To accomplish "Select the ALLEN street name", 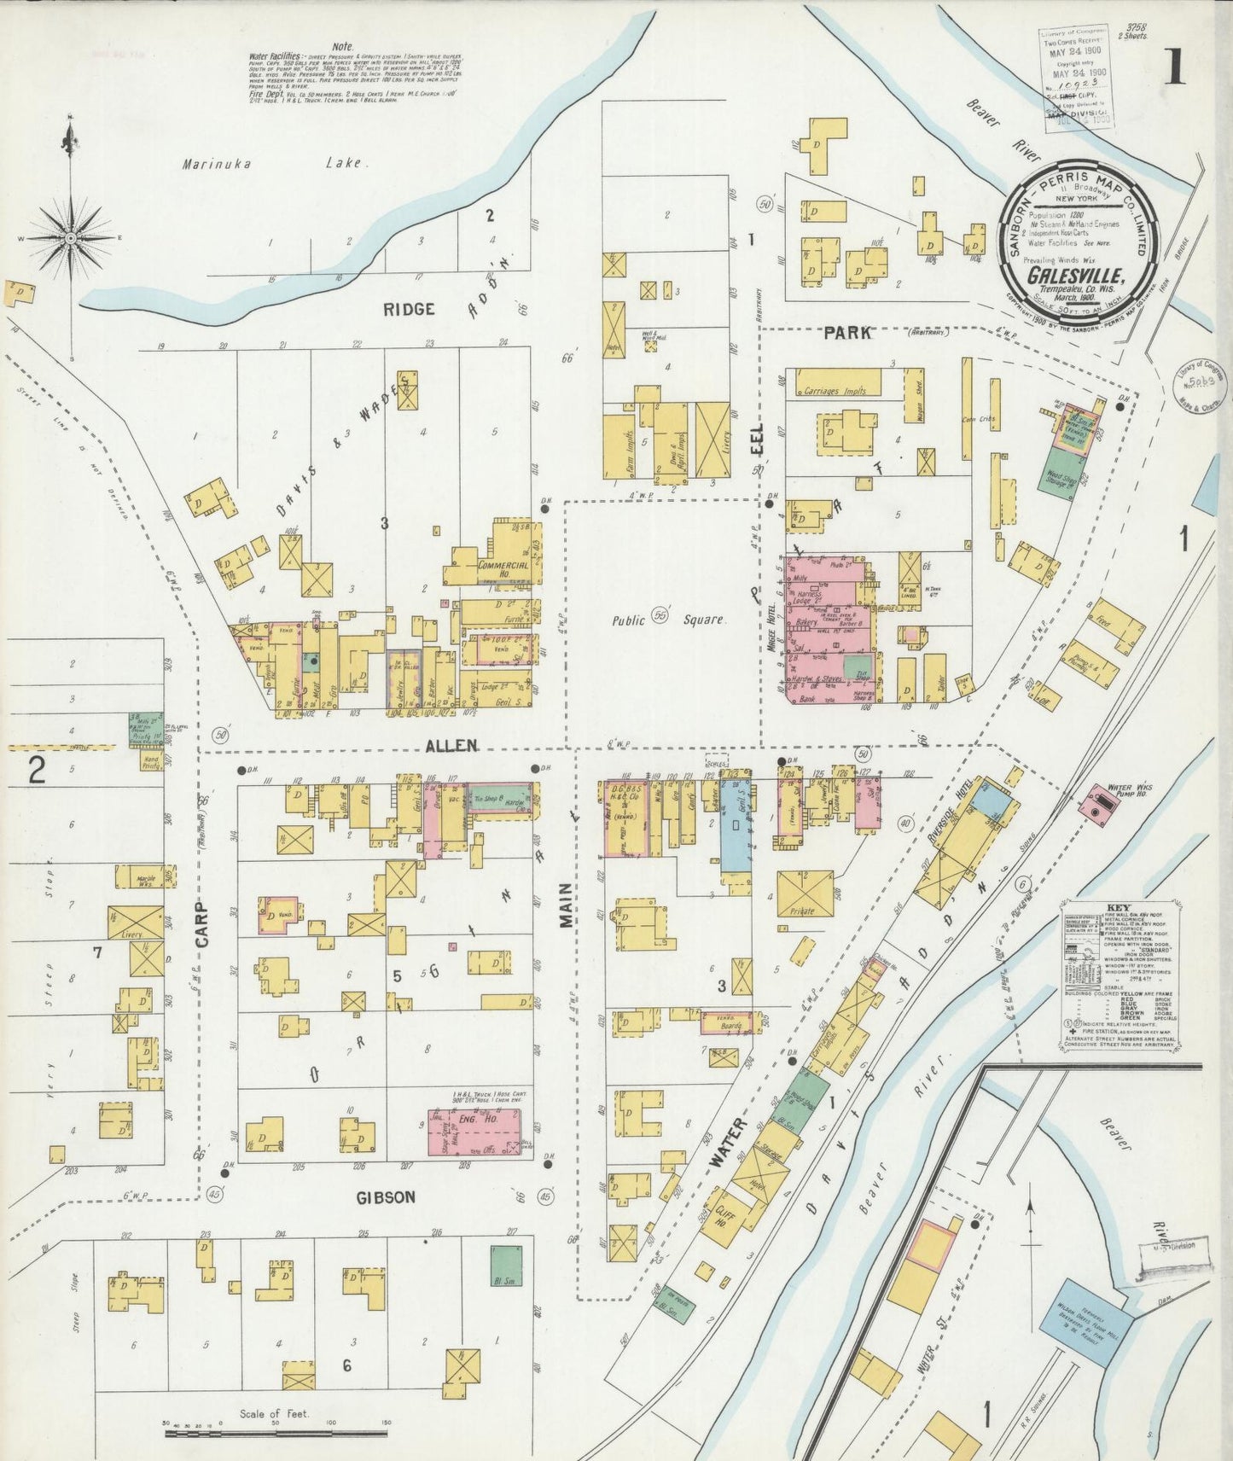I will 452,746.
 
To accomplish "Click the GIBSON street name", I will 386,1197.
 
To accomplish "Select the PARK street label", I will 847,333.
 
